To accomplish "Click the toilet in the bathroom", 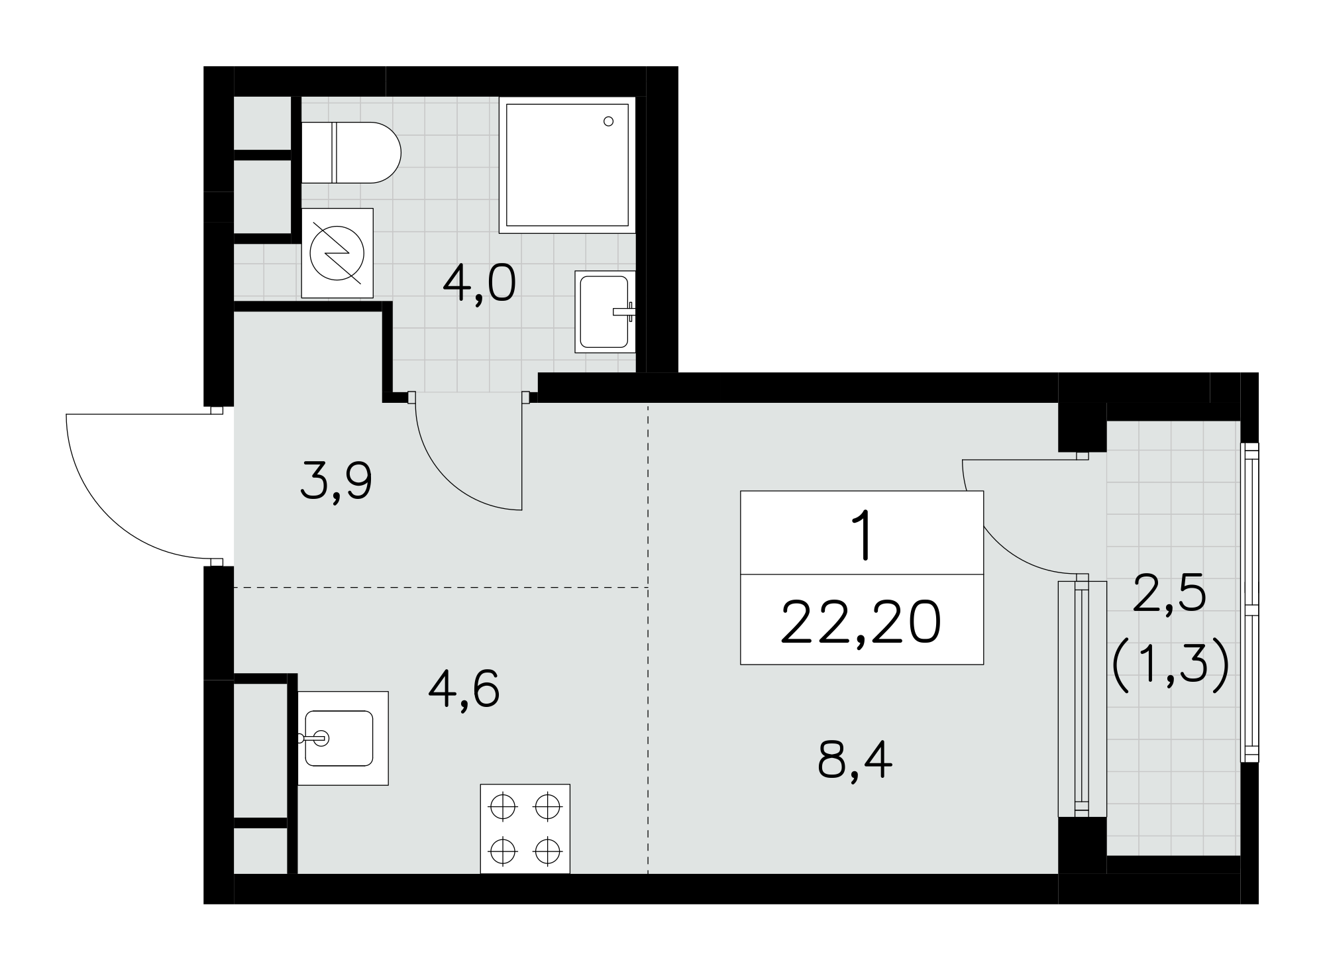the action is [351, 152].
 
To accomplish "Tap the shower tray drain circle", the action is [608, 121].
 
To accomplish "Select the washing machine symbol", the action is [337, 252].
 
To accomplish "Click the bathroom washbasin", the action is [605, 311].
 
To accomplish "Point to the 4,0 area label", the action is [479, 284].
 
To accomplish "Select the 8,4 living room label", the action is [855, 762].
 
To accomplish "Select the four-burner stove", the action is [525, 829].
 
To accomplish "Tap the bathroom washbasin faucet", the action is [624, 311].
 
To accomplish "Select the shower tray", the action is [567, 165].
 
